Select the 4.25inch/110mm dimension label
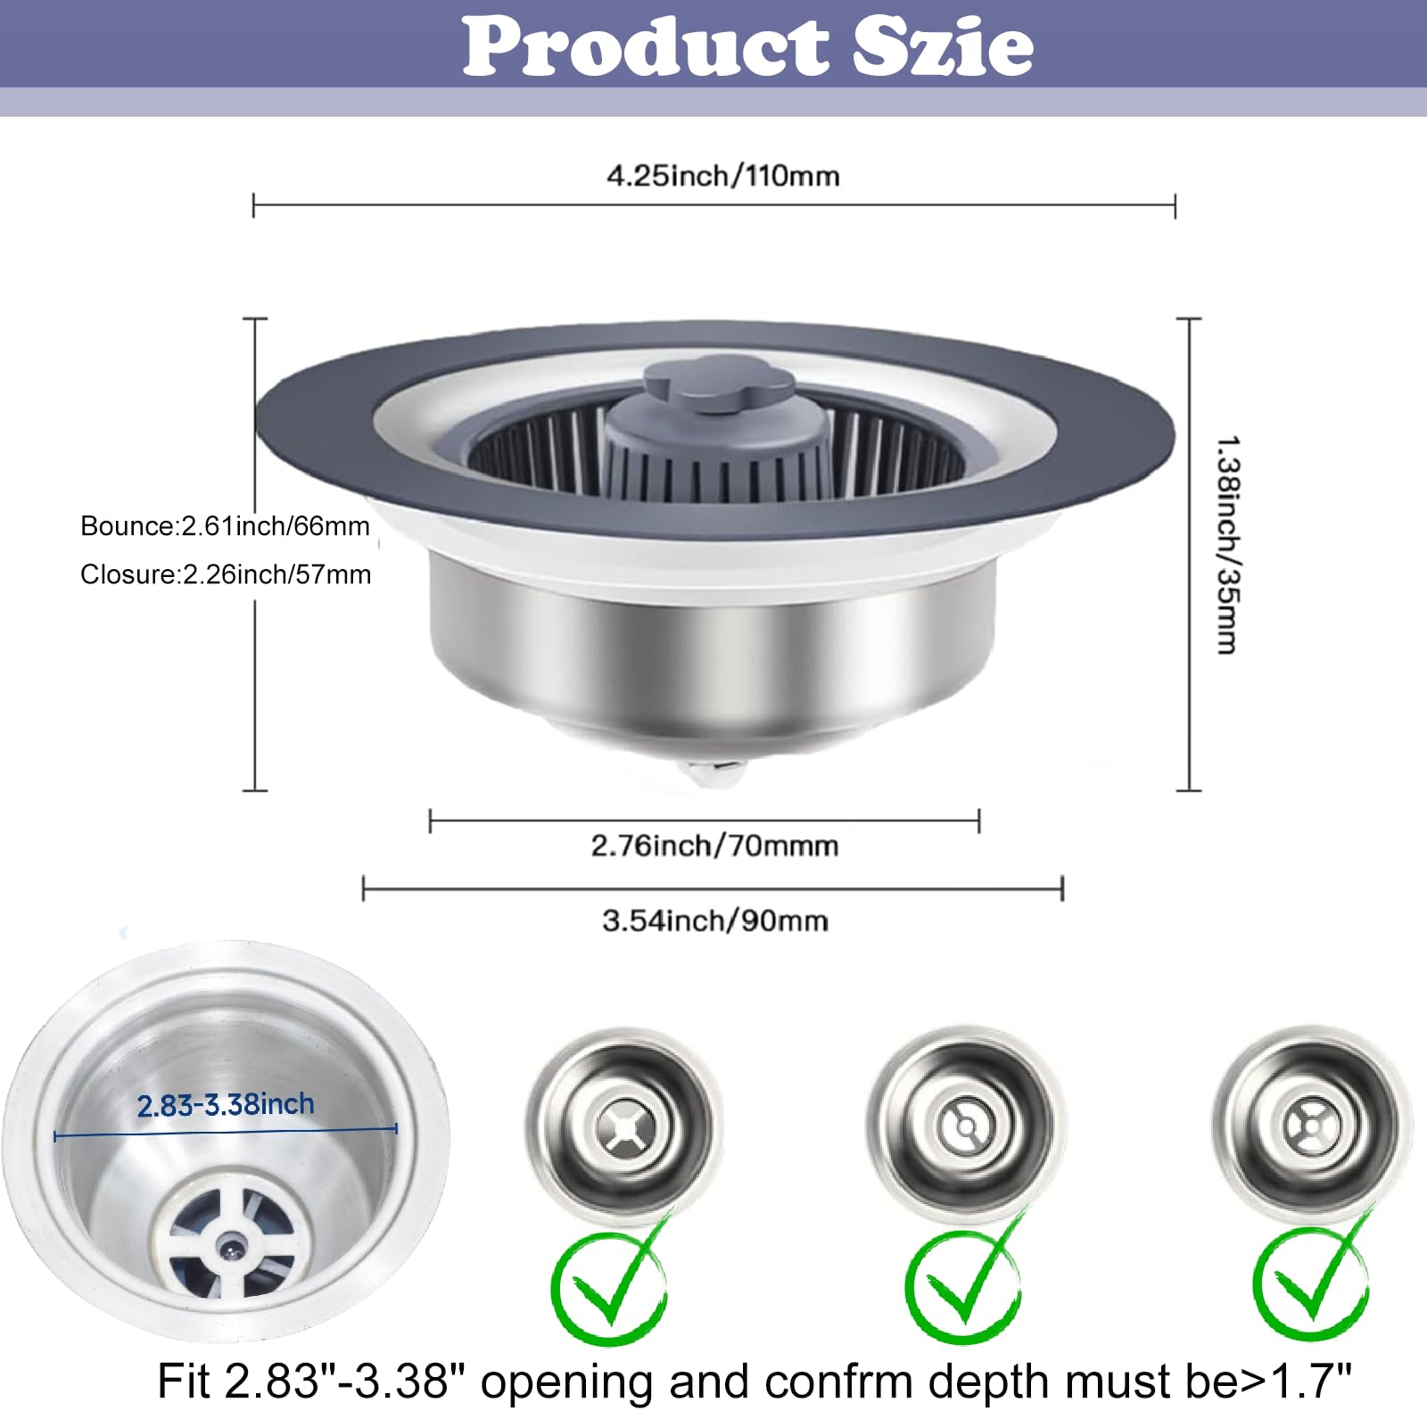click(x=723, y=176)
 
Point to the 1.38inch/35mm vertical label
click(x=1228, y=546)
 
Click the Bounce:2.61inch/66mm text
click(x=225, y=526)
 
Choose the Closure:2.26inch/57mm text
click(x=226, y=574)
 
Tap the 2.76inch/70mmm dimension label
click(x=714, y=845)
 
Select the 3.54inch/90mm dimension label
click(x=715, y=920)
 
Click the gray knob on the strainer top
click(x=719, y=384)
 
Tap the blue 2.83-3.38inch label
click(x=226, y=1105)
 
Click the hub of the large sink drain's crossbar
click(x=233, y=1241)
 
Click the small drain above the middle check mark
click(x=966, y=1126)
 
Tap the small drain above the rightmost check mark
click(x=1312, y=1126)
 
